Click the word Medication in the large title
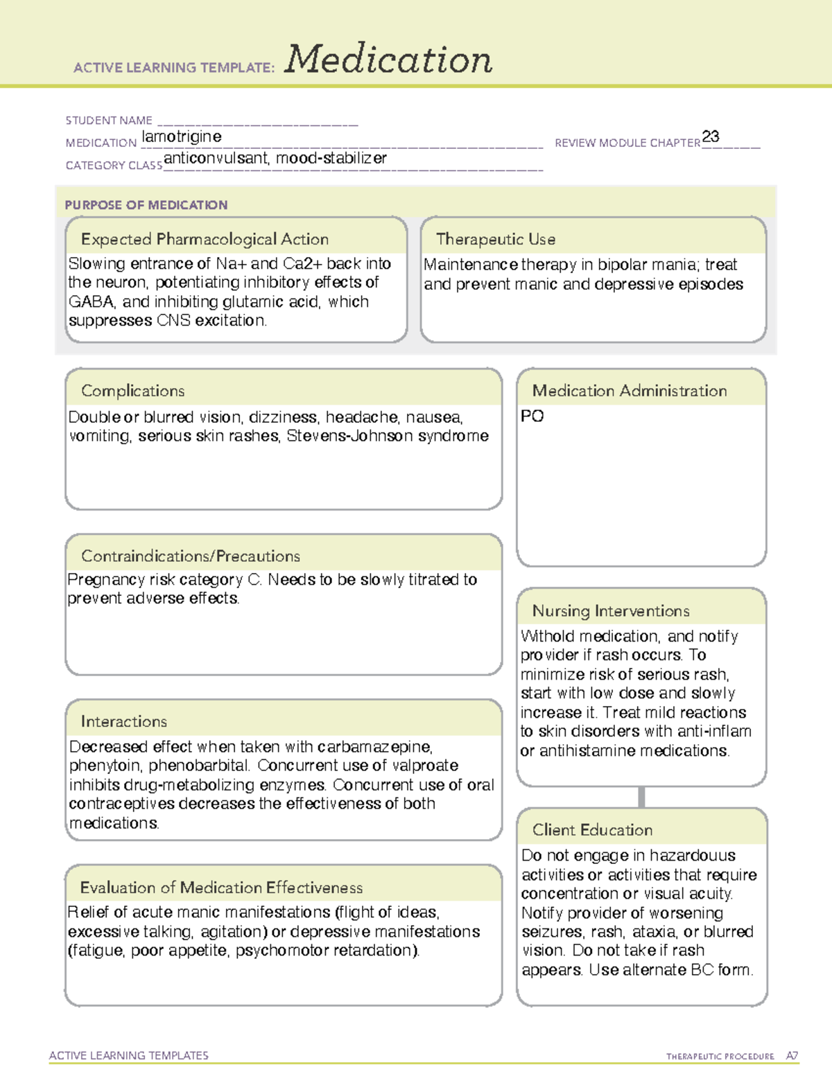click(x=388, y=60)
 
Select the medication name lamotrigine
click(x=182, y=136)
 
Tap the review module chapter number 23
click(x=711, y=136)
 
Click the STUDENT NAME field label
click(x=109, y=121)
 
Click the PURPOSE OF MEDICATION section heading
click(x=146, y=205)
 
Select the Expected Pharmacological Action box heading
click(x=205, y=239)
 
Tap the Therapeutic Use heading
click(x=496, y=239)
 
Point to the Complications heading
click(x=132, y=391)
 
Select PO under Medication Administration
click(x=532, y=416)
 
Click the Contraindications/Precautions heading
click(x=191, y=556)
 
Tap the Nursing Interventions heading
click(x=611, y=610)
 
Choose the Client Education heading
click(x=592, y=830)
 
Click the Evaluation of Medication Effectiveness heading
click(x=221, y=888)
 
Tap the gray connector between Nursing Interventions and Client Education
click(x=641, y=797)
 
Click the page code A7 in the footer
click(x=792, y=1056)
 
